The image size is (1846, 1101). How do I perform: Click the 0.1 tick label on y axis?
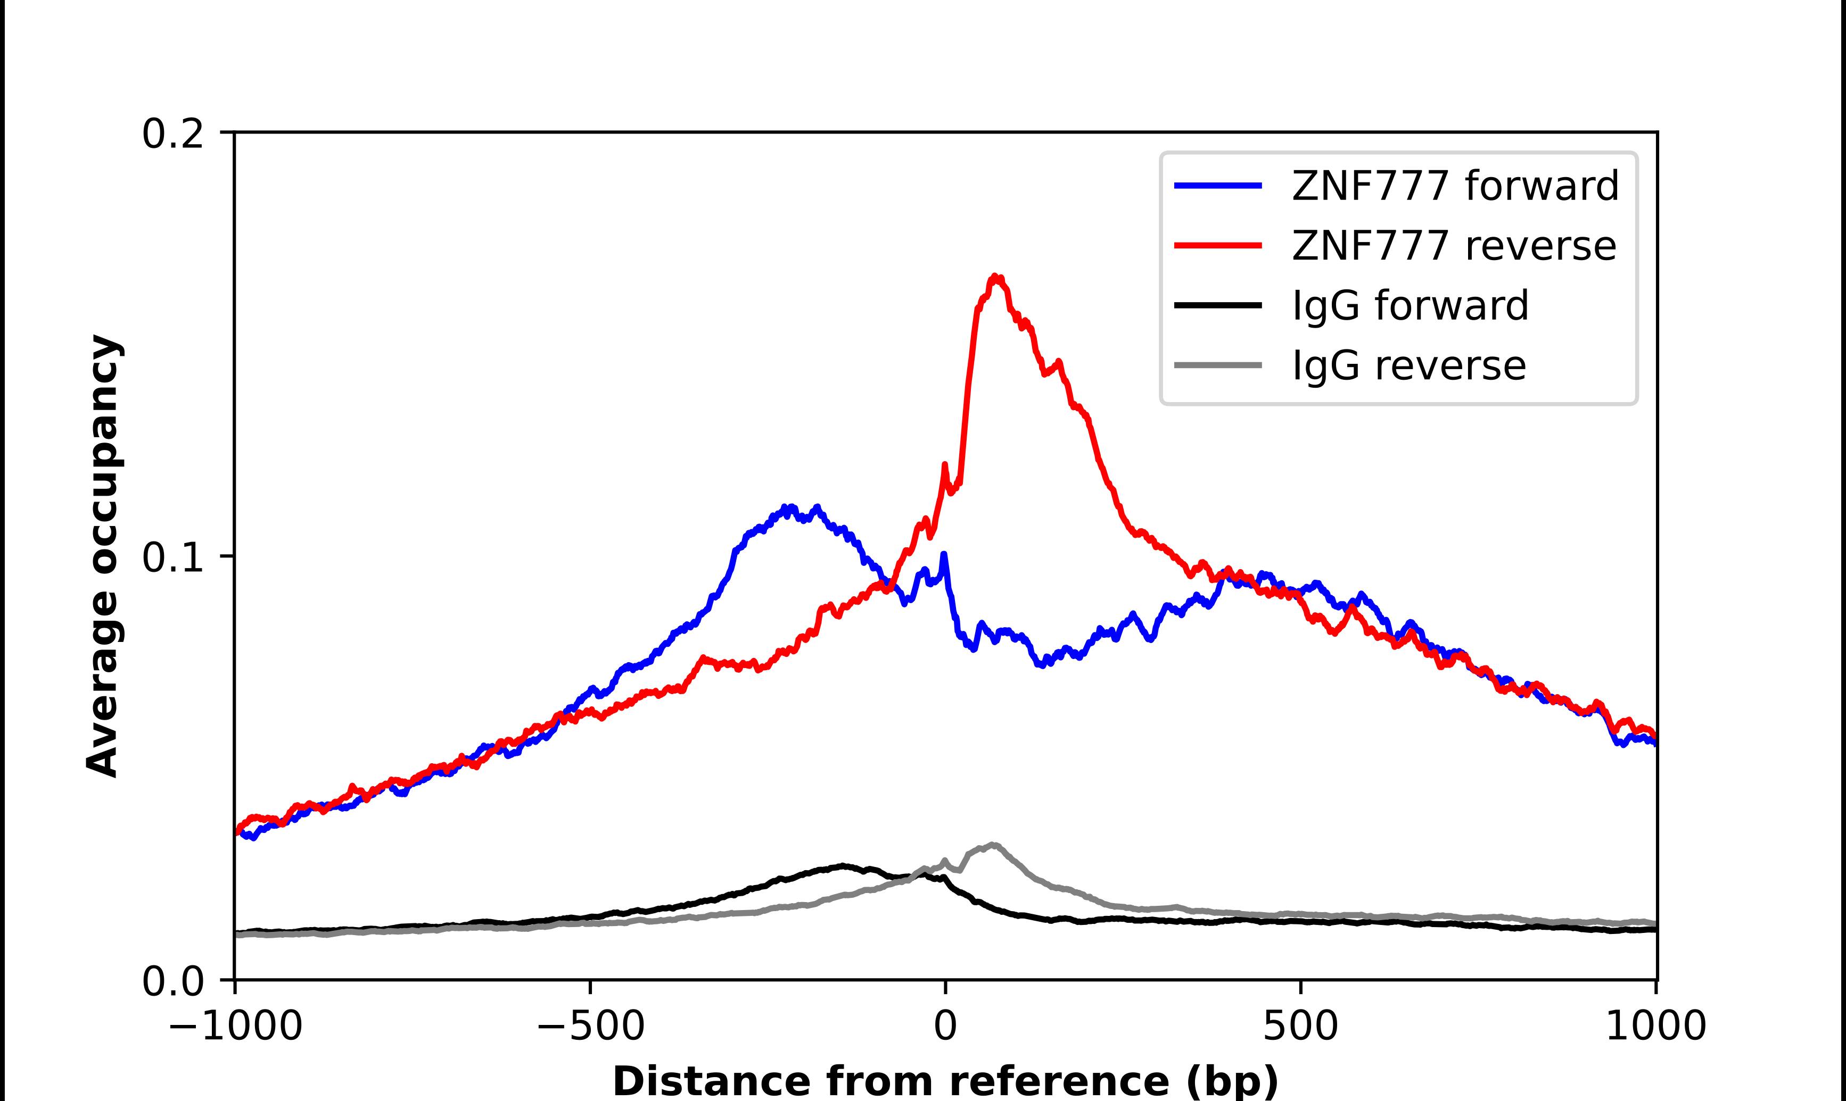point(172,558)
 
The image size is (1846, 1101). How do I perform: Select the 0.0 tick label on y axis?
point(172,981)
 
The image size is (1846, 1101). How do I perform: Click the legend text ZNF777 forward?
point(1455,186)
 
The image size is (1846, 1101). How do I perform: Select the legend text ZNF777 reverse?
point(1453,246)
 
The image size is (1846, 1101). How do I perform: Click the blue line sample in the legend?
point(1217,186)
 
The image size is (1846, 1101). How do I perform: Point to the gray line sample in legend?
point(1217,365)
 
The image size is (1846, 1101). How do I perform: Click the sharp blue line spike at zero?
point(943,555)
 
